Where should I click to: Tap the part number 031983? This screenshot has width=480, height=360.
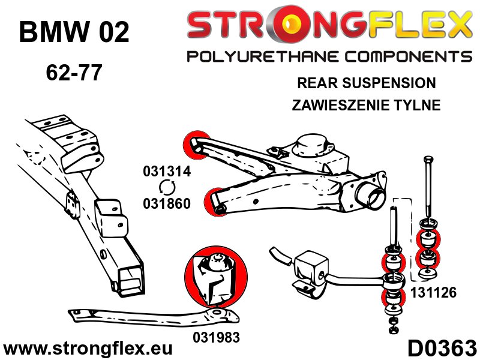[216, 337]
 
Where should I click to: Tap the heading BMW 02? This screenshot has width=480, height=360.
[74, 33]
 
